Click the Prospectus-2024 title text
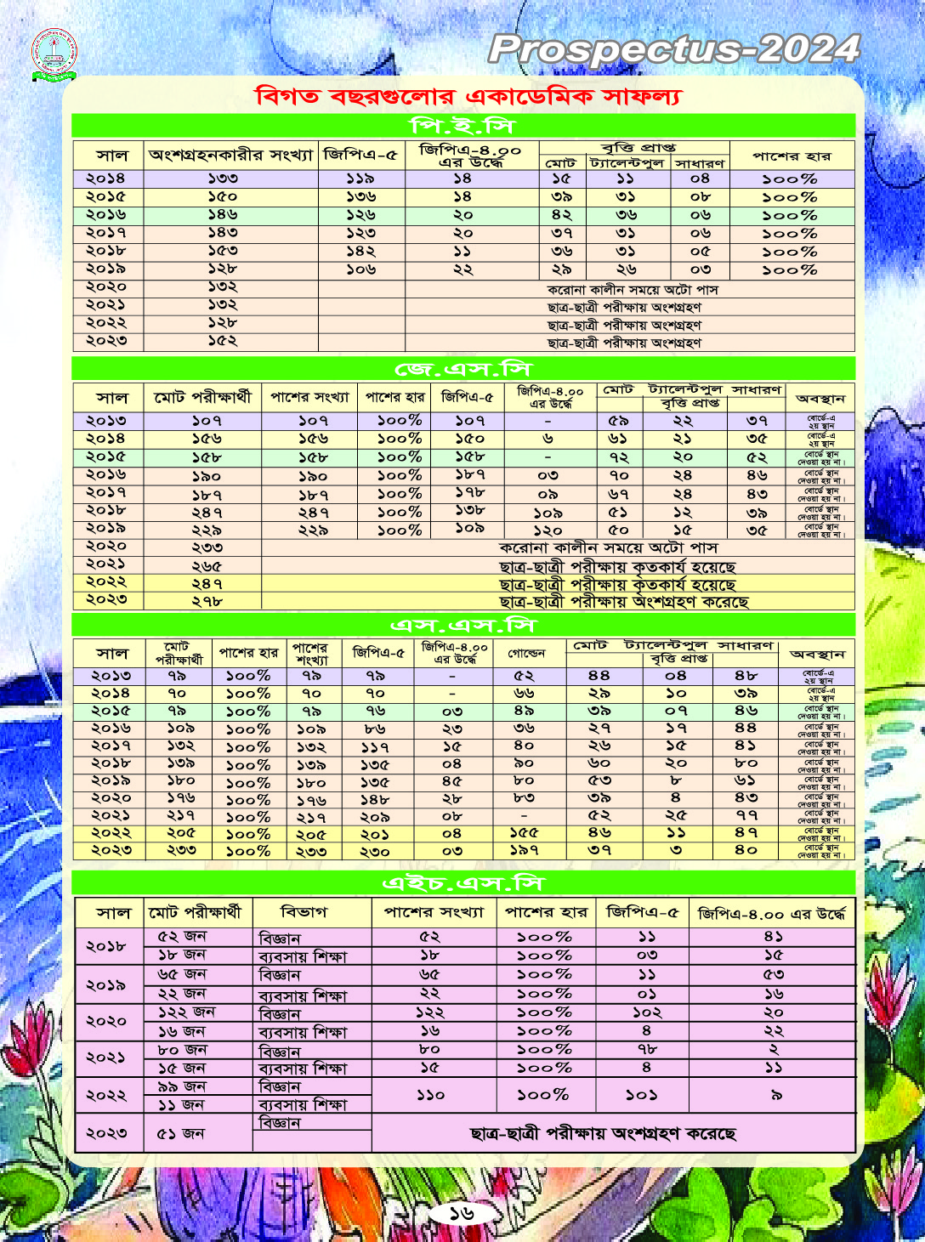(x=674, y=49)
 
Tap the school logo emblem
(x=54, y=54)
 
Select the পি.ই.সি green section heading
(x=462, y=126)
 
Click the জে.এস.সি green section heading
(x=462, y=369)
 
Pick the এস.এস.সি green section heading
(x=462, y=626)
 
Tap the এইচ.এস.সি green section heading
(x=462, y=883)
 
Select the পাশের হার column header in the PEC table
(x=792, y=156)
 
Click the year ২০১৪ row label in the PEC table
(x=105, y=179)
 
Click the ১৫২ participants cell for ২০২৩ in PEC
(x=223, y=342)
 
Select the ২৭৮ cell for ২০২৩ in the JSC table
(x=207, y=601)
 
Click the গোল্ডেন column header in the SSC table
(x=526, y=654)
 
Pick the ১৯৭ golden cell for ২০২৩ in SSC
(x=525, y=850)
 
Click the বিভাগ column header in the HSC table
(x=304, y=912)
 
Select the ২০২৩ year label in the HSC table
(x=106, y=1132)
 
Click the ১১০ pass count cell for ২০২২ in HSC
(x=430, y=1095)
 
